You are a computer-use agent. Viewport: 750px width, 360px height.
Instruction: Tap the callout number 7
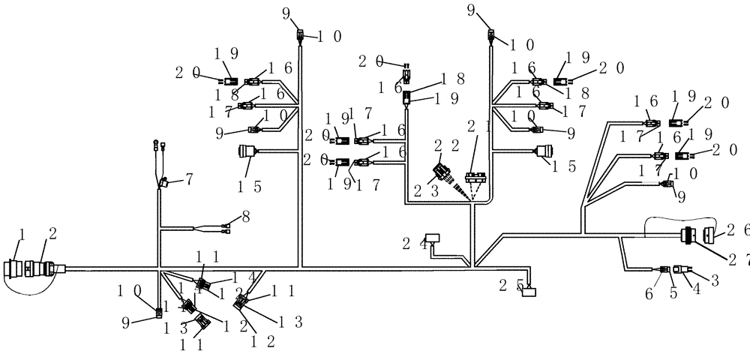pos(189,179)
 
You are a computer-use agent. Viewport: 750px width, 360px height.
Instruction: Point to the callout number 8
pos(246,217)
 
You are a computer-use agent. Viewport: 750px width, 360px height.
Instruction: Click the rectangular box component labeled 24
pos(433,238)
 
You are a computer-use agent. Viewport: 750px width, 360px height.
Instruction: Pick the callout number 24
pos(409,243)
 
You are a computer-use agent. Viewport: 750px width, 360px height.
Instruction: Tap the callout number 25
pos(508,285)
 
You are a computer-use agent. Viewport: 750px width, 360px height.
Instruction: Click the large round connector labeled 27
pos(688,235)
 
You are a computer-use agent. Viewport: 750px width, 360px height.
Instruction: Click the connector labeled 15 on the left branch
pos(247,153)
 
